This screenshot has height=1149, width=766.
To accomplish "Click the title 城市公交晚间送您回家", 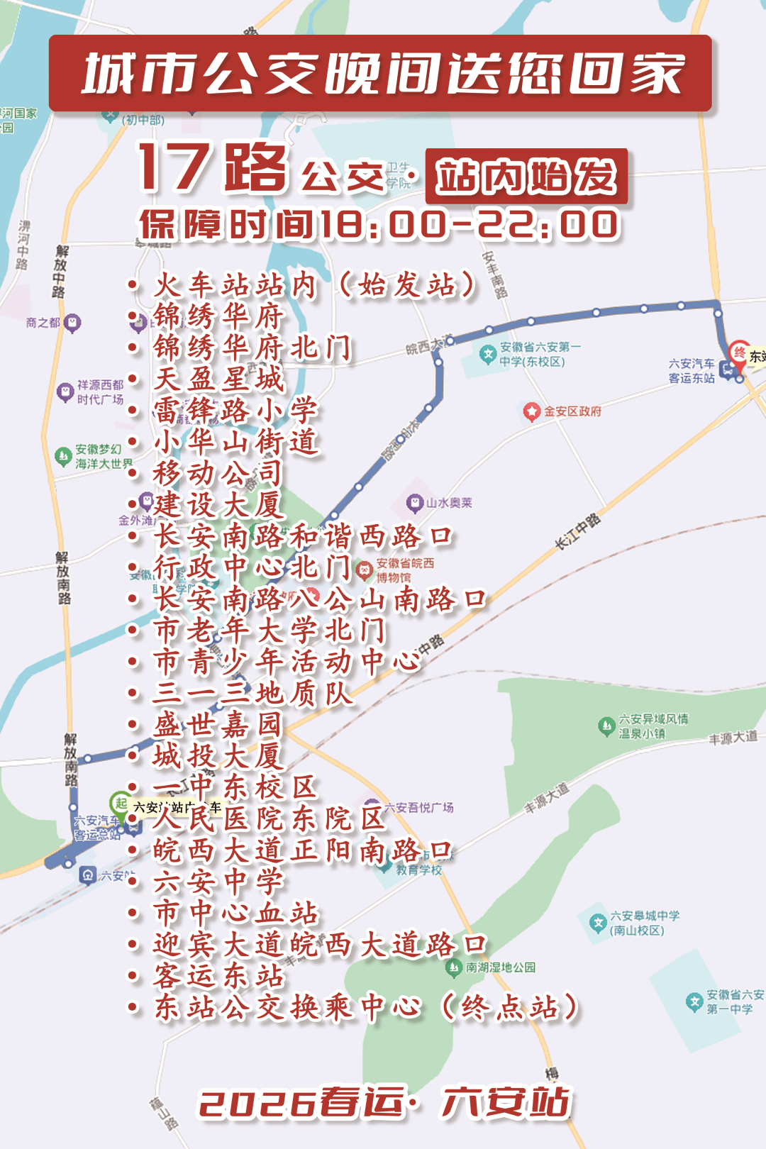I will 383,74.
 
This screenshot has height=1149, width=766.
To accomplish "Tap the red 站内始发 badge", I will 526,177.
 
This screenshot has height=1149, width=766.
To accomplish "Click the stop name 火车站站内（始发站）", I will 315,285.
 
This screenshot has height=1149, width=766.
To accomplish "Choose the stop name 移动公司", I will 218,473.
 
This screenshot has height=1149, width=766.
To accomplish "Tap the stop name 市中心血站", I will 236,913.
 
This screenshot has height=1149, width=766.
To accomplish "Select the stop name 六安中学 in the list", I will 218,882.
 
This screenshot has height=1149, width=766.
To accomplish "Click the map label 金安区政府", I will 572,411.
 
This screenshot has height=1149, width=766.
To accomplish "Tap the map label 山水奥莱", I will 448,503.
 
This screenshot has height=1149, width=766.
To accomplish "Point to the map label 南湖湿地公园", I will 499,967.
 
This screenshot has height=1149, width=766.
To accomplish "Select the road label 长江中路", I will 577,532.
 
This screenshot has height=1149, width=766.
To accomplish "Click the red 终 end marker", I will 740,353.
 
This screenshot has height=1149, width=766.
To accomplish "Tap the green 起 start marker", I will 121,804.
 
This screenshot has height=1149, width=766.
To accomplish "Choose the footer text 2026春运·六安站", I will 384,1103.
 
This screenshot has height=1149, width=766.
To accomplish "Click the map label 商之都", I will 43,323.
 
